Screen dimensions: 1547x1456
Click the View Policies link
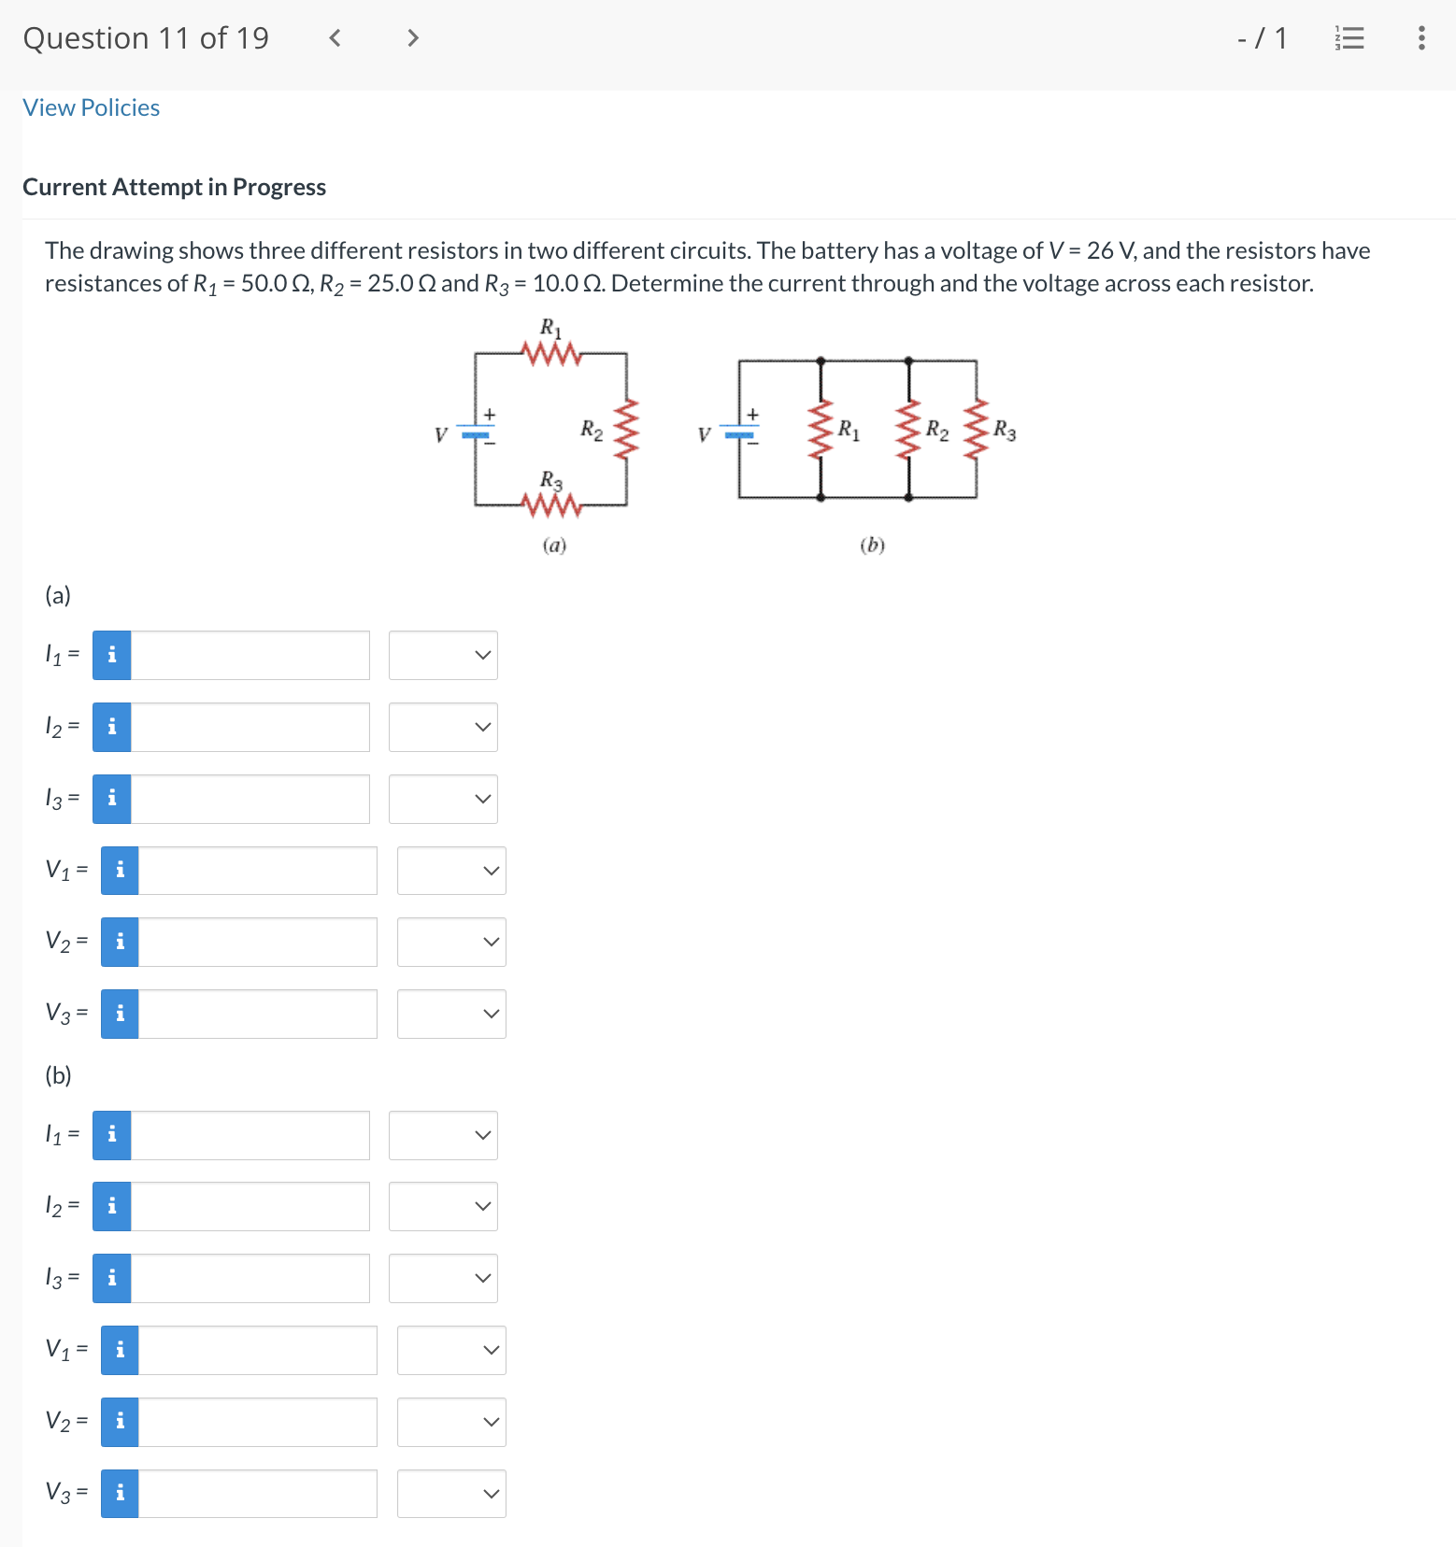tap(91, 107)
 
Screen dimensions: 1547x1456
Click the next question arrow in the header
tap(412, 38)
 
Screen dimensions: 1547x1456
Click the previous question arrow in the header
tap(335, 38)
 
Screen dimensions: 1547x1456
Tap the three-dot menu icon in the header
tap(1421, 37)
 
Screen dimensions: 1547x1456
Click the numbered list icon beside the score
tap(1349, 38)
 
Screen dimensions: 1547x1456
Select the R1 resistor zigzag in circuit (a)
tap(551, 354)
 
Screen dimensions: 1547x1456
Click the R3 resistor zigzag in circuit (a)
tap(551, 505)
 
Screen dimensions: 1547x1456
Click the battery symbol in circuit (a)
tap(476, 433)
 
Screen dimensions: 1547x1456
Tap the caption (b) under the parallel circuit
tap(872, 545)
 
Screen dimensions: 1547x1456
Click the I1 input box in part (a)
tap(250, 655)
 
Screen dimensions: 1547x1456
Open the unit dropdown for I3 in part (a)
tap(443, 799)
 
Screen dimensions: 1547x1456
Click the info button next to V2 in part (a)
tap(120, 942)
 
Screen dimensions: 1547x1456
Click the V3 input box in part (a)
tap(257, 1014)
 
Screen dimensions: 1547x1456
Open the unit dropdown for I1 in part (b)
tap(443, 1135)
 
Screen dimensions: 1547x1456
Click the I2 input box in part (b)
tap(250, 1206)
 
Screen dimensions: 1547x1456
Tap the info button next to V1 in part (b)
tap(120, 1350)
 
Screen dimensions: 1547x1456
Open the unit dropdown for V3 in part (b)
tap(451, 1494)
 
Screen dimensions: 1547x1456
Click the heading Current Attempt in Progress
tap(174, 187)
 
